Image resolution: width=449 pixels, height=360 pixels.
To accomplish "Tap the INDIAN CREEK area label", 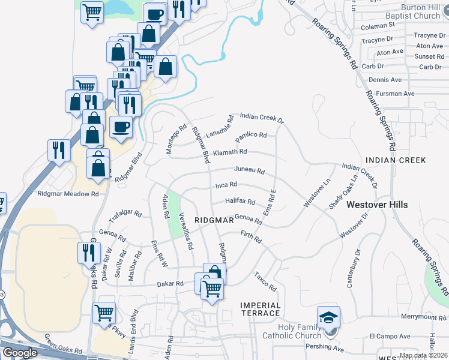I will [x=396, y=160].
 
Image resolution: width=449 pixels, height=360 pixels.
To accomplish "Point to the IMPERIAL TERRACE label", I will [x=261, y=309].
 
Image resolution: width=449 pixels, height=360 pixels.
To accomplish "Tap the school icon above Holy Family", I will [x=329, y=317].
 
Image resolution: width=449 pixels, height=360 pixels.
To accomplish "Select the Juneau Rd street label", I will [x=249, y=170].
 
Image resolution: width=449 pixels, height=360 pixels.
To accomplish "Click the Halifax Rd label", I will [x=240, y=202].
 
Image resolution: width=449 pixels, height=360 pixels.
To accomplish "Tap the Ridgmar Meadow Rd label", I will [x=68, y=194].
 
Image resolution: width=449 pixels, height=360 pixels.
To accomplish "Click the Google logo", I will [x=20, y=353].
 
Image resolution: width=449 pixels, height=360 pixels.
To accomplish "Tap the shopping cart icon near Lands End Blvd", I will [x=104, y=313].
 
